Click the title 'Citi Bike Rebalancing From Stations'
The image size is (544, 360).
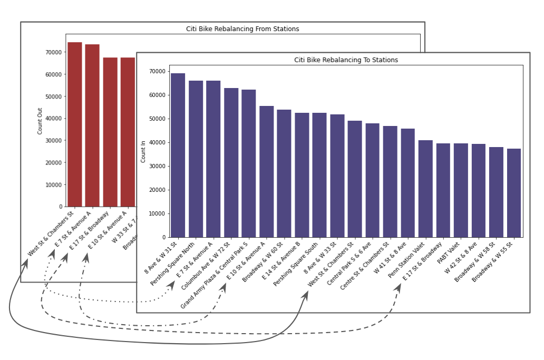242,29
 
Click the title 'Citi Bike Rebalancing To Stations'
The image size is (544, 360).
346,60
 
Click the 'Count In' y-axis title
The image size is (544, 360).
143,151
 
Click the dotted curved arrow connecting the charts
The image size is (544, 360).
105,300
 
